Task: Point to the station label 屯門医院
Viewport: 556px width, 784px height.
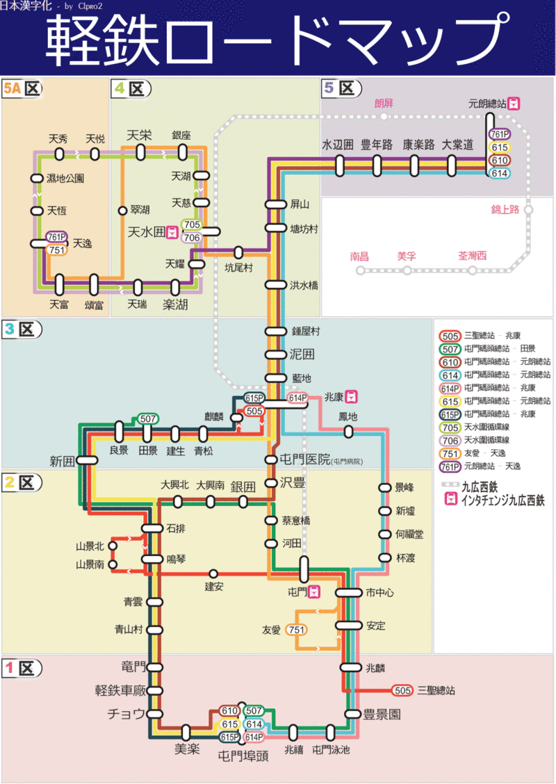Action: pyautogui.click(x=304, y=459)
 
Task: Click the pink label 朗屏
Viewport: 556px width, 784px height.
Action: pyautogui.click(x=384, y=104)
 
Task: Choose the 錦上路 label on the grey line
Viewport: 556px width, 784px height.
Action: pyautogui.click(x=505, y=209)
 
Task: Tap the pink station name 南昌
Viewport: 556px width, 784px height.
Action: pyautogui.click(x=359, y=256)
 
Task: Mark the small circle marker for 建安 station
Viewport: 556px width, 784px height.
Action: pyautogui.click(x=213, y=573)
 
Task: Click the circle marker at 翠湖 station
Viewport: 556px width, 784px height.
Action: pyautogui.click(x=122, y=210)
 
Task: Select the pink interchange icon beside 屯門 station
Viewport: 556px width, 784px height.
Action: pyautogui.click(x=315, y=592)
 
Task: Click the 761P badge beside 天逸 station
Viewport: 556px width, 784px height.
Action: pyautogui.click(x=57, y=237)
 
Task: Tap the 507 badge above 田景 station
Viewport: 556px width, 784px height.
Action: pyautogui.click(x=147, y=418)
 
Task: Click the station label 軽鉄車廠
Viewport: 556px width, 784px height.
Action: pyautogui.click(x=120, y=690)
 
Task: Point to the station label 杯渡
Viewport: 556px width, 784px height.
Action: pyautogui.click(x=405, y=557)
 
